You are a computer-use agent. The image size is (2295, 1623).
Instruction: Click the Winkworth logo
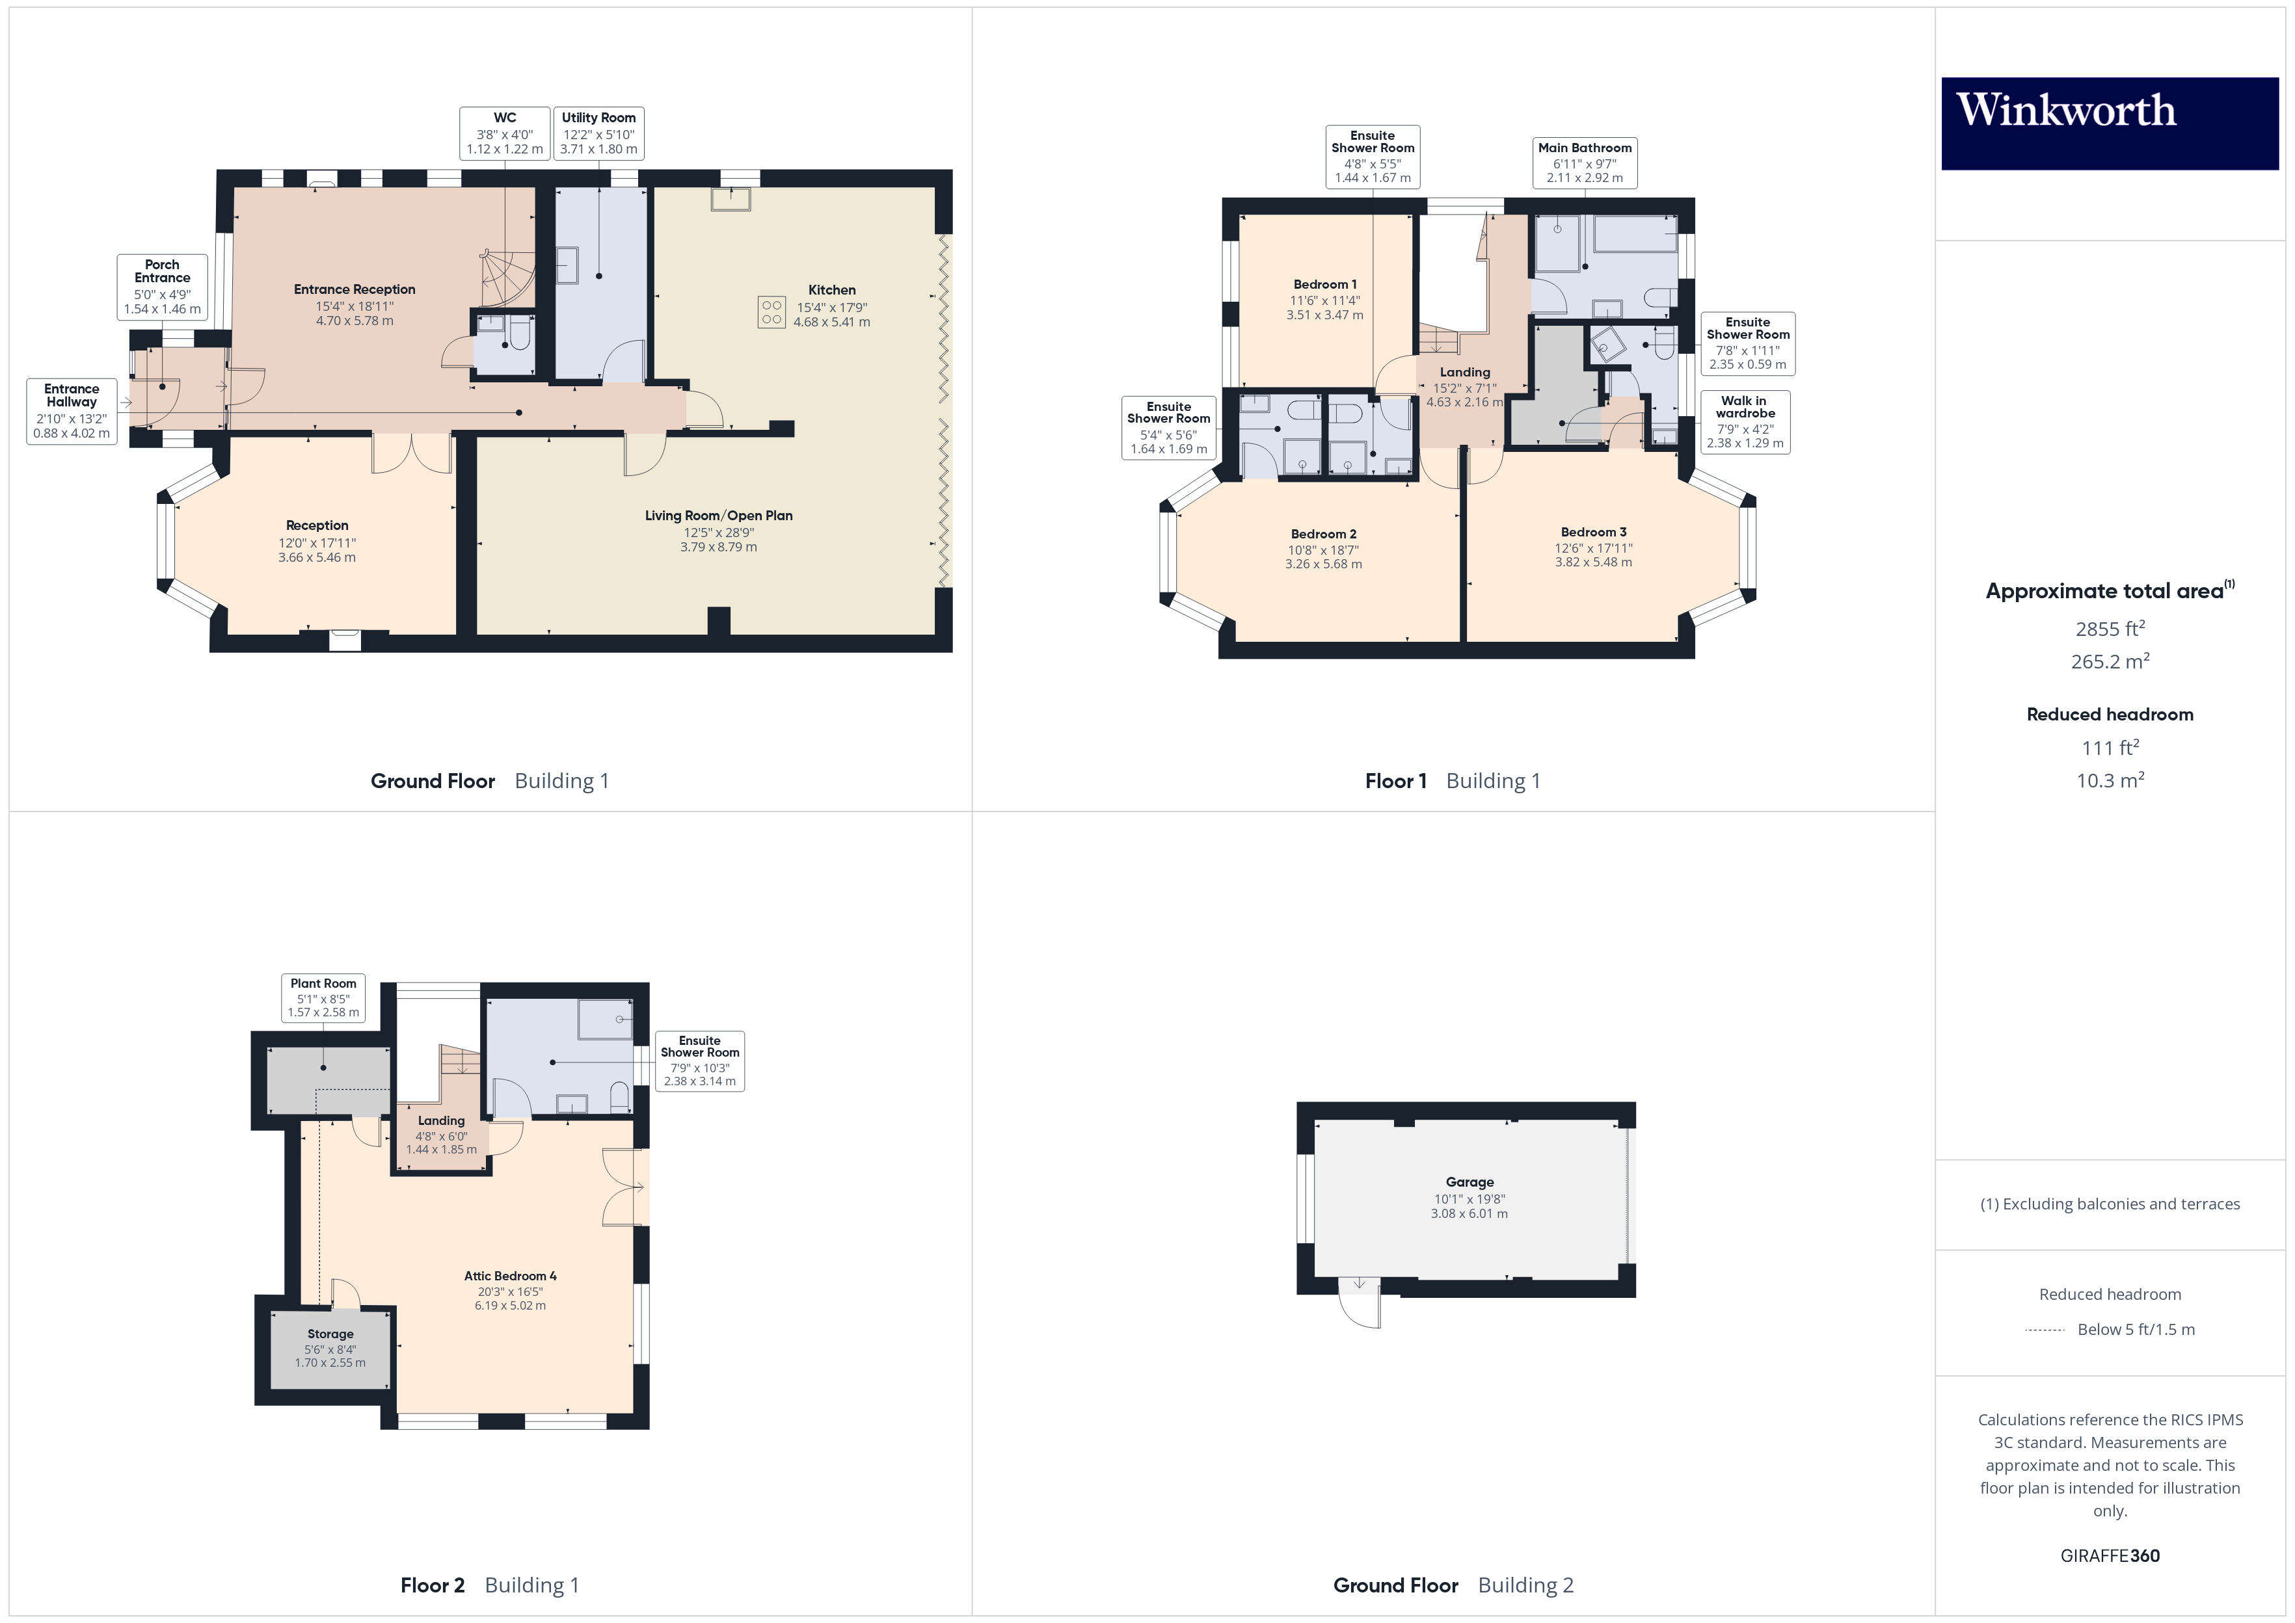pos(2109,123)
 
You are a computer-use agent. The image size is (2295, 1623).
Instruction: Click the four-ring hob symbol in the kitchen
pos(771,313)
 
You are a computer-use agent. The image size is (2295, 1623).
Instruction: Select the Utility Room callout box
pos(598,133)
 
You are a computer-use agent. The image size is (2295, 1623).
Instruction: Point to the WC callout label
pos(505,133)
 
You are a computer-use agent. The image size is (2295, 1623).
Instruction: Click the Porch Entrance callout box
pos(162,287)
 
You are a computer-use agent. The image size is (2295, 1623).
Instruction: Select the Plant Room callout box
pos(323,997)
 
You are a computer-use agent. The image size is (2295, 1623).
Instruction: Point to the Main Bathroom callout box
pos(1584,162)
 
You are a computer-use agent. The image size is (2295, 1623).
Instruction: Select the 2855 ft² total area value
pos(2109,629)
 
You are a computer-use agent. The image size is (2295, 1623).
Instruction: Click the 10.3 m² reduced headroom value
pos(2109,780)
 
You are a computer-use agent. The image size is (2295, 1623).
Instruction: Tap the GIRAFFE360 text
pos(2109,1556)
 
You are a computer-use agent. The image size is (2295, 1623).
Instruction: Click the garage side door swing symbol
pos(1360,1304)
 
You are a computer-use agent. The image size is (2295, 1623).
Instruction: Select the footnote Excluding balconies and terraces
pos(2109,1204)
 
